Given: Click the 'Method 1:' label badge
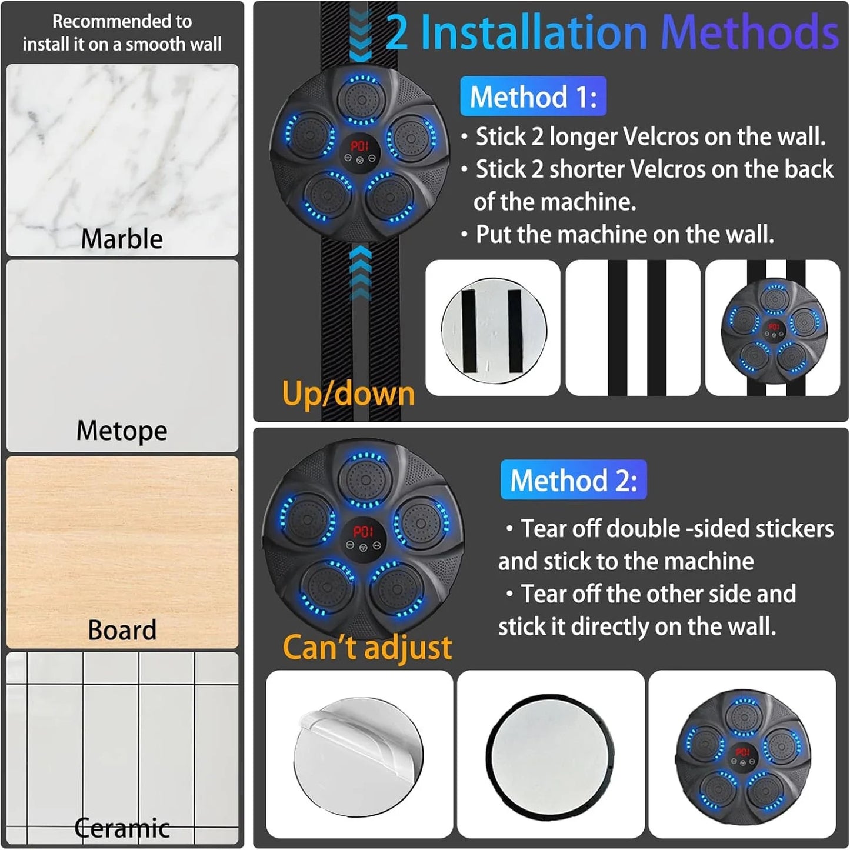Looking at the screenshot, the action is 533,96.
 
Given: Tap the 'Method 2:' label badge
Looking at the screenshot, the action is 574,480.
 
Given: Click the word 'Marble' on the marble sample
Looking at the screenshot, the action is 122,239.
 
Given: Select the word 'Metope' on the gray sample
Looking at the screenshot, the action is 122,431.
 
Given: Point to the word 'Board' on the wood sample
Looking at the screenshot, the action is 122,629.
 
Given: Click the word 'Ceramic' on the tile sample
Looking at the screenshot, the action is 122,828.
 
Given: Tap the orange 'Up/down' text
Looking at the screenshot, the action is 348,393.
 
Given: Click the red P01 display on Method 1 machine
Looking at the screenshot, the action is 359,146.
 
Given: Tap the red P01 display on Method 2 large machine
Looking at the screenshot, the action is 363,532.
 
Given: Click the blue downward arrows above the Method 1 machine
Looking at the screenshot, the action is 361,35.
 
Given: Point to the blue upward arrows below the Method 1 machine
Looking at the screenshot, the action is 361,272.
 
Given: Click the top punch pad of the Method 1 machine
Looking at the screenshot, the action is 361,100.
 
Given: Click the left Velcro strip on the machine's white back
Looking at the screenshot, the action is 468,331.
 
